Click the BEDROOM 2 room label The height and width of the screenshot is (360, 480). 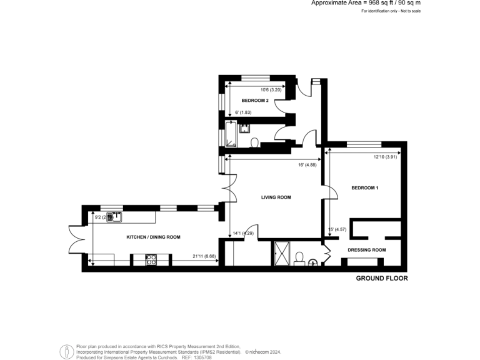pos(255,100)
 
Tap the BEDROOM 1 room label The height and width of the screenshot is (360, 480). pos(364,187)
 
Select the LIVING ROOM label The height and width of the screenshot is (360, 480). pos(276,197)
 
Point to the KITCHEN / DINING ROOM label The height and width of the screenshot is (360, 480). pos(154,237)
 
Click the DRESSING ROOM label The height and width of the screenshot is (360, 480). pos(366,250)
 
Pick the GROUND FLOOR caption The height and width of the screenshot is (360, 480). pos(381,278)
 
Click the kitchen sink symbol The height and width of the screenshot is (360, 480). pos(114,217)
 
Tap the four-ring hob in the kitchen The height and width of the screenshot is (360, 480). pos(151,259)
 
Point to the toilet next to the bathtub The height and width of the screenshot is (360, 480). pos(254,143)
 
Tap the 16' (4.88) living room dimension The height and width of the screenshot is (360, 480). pos(307,165)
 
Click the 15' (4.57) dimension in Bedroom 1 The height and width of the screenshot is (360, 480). pos(337,230)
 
